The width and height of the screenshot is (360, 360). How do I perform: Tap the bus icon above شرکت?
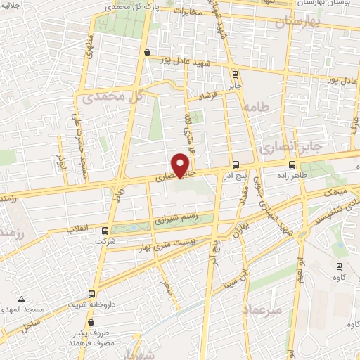(105, 230)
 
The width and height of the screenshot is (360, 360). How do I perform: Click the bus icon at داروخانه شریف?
(91, 295)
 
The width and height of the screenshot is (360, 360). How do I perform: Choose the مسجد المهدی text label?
(23, 309)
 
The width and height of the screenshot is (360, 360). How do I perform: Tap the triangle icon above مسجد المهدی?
(23, 300)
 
